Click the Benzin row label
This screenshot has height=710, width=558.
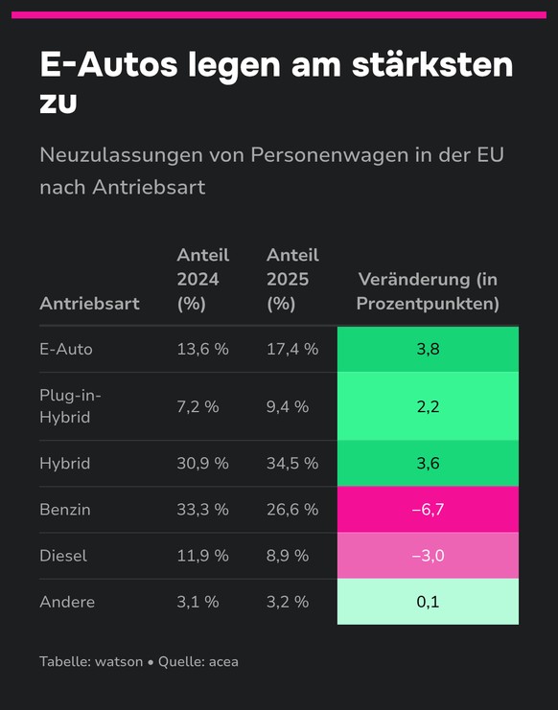65,510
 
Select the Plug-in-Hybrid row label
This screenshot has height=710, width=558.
70,406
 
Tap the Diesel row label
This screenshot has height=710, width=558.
63,556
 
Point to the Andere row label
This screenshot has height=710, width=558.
67,602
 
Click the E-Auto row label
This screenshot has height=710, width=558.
66,349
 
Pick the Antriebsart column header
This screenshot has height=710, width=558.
89,303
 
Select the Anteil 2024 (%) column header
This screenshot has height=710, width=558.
203,279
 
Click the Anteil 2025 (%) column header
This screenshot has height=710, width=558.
292,279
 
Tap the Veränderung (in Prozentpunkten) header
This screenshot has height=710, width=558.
428,291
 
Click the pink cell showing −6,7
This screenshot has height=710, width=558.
428,510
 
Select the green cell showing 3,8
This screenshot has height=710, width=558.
428,349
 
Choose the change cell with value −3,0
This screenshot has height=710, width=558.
428,556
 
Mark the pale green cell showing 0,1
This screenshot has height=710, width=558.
428,602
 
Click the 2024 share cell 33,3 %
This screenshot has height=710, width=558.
203,510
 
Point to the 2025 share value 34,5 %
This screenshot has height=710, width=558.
292,464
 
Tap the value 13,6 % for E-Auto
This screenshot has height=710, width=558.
203,349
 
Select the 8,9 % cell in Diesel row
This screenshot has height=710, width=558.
288,556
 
